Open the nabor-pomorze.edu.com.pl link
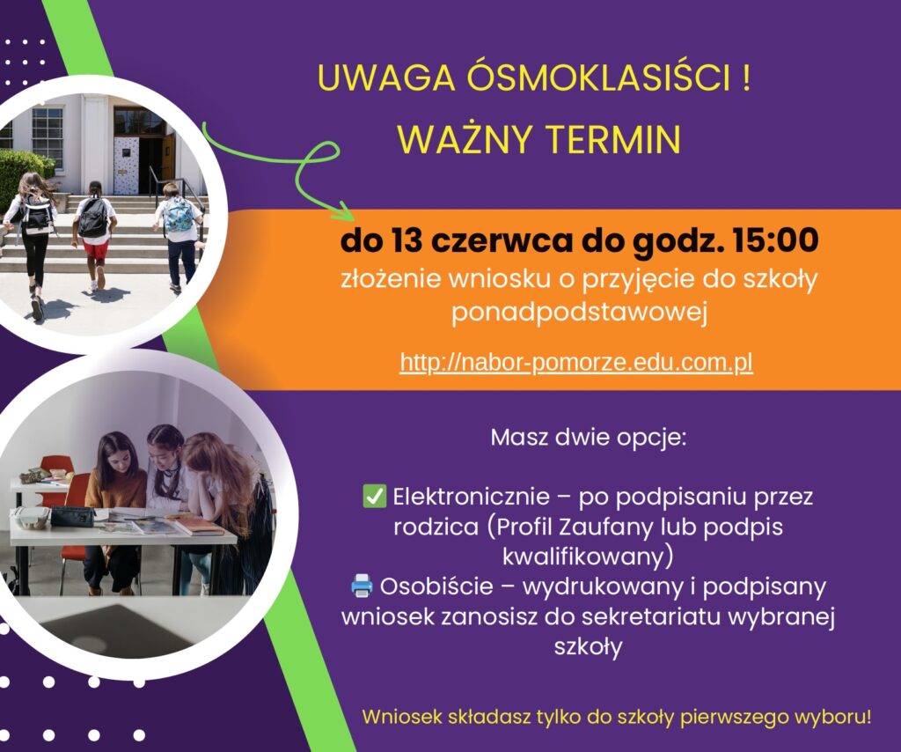tap(576, 363)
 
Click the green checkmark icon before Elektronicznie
tap(375, 496)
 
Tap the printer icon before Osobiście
tap(362, 586)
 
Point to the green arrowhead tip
tap(355, 219)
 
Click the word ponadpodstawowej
tap(579, 313)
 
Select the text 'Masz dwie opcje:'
tap(589, 438)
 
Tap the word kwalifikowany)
tap(588, 557)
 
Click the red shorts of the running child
tap(95, 249)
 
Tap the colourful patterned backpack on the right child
tap(178, 215)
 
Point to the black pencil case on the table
tap(72, 516)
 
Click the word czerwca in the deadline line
tap(502, 240)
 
